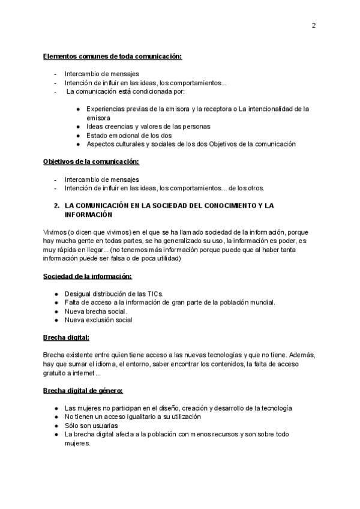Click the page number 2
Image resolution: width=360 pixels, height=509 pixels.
tap(314, 25)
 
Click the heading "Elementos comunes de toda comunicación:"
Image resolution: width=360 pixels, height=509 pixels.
tap(112, 56)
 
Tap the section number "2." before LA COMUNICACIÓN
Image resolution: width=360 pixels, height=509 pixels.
tap(57, 205)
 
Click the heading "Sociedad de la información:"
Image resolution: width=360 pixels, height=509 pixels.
tap(88, 276)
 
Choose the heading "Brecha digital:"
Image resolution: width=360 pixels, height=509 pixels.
tap(66, 339)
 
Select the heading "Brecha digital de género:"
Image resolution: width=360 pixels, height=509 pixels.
tap(83, 391)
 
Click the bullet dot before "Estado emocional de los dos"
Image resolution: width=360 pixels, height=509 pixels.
tap(79, 136)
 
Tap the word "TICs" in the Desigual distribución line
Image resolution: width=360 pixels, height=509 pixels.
tap(155, 294)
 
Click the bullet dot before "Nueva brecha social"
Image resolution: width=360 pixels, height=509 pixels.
tap(56, 311)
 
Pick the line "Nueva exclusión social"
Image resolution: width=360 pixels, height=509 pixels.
tap(98, 320)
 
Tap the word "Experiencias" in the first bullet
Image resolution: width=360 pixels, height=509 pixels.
tap(106, 109)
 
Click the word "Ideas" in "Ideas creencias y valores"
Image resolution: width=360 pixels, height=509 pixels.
tap(95, 127)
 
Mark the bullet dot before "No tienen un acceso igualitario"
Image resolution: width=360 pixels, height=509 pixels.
tap(56, 417)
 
